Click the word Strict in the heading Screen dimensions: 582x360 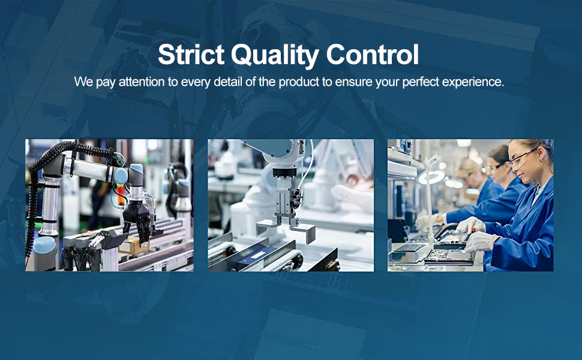pyautogui.click(x=191, y=54)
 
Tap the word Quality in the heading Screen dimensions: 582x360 pyautogui.click(x=275, y=56)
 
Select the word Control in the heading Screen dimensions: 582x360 pyautogui.click(x=373, y=54)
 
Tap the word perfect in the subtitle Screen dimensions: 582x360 pyautogui.click(x=421, y=82)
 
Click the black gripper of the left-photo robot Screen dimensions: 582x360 pyautogui.click(x=137, y=220)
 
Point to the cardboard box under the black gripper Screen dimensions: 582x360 pyautogui.click(x=134, y=245)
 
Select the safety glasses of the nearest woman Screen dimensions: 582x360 pyautogui.click(x=523, y=158)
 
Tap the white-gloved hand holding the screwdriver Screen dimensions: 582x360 pyautogui.click(x=470, y=226)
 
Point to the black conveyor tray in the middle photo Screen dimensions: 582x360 pyautogui.click(x=256, y=256)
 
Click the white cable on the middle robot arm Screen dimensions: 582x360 pyautogui.click(x=307, y=167)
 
